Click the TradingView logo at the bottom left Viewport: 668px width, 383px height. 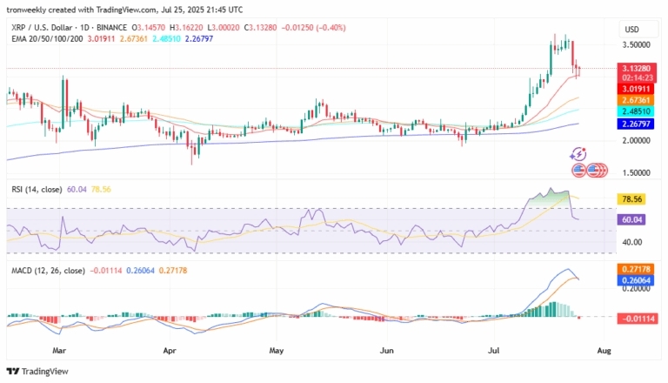40,371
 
